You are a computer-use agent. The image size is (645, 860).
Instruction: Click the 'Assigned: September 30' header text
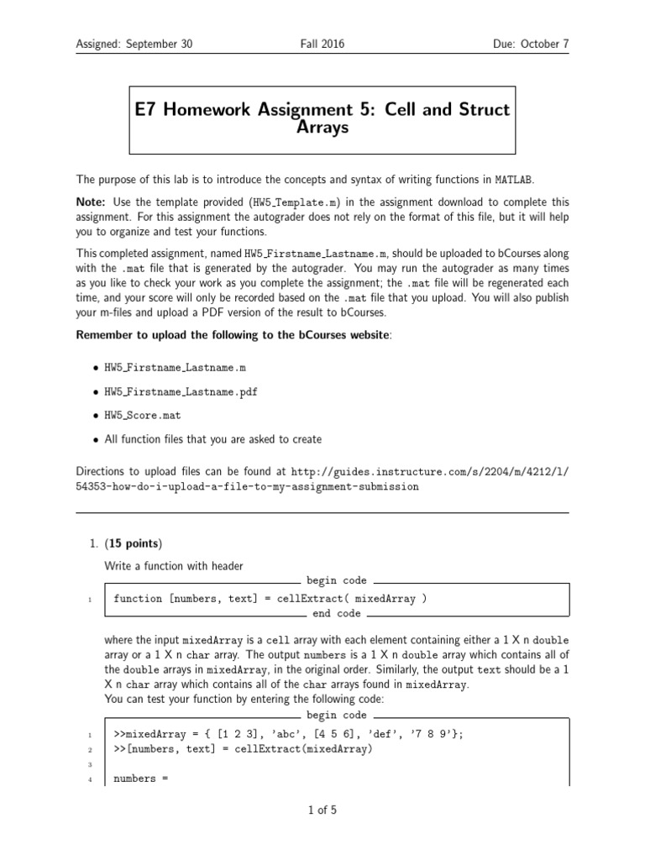pos(134,44)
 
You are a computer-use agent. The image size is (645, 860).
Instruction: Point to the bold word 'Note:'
pos(91,202)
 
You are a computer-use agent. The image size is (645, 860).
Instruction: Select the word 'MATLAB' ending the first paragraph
pos(513,179)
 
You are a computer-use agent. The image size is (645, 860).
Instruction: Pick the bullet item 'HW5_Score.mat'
pos(142,415)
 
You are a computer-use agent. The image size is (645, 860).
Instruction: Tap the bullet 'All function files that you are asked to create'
pos(212,438)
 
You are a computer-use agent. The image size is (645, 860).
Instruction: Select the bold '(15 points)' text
pos(133,543)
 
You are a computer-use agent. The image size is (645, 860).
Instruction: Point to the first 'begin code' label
pos(336,580)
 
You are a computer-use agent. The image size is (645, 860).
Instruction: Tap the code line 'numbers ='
pos(141,779)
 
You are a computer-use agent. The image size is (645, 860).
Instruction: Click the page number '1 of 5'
pos(322,810)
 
